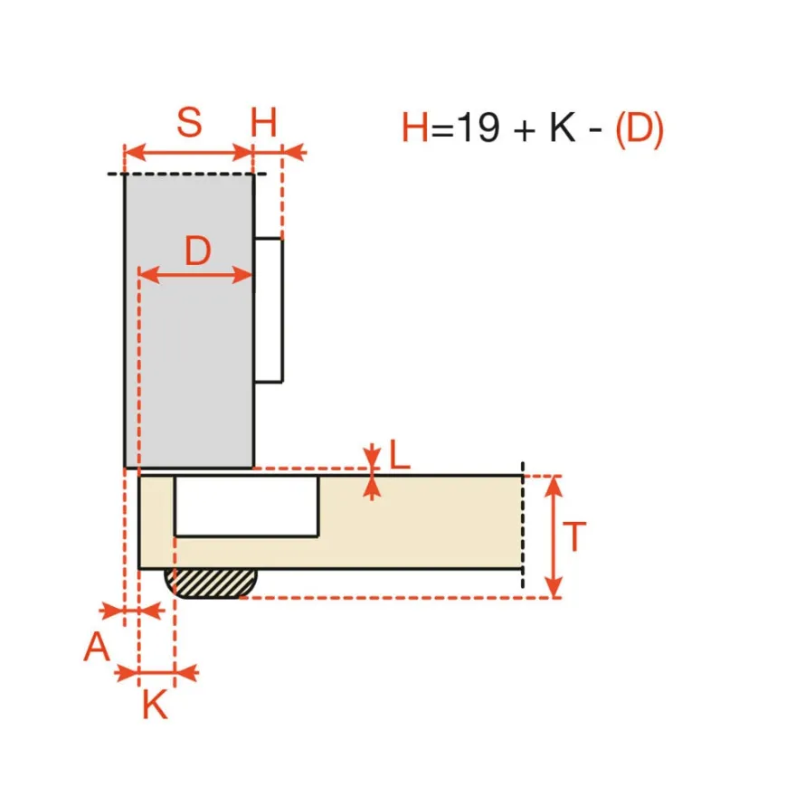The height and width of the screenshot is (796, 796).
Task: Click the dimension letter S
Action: tap(189, 122)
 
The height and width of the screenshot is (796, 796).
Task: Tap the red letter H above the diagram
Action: tap(263, 122)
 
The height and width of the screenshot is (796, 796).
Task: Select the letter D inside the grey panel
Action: tap(197, 251)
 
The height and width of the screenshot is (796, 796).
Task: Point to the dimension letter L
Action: tap(399, 454)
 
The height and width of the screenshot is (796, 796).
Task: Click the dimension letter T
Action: tap(574, 536)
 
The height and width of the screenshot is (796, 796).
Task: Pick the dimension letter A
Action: tap(97, 647)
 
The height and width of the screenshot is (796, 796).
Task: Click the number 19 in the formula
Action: tap(478, 127)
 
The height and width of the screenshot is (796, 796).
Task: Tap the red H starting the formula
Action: tap(415, 127)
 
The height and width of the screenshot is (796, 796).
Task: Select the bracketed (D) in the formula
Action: tap(640, 129)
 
